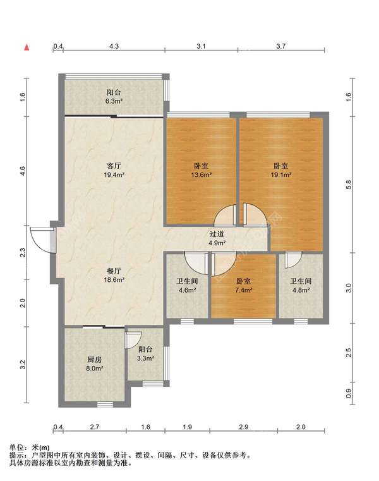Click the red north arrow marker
click(27, 47)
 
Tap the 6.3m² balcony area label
click(114, 101)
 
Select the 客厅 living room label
click(114, 166)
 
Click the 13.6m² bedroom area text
click(202, 175)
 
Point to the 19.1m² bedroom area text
click(281, 175)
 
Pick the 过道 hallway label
click(217, 234)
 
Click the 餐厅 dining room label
click(114, 271)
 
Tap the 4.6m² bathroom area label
click(188, 290)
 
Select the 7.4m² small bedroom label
click(244, 290)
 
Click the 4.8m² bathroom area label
click(301, 290)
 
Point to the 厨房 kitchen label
click(95, 360)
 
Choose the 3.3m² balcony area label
click(145, 358)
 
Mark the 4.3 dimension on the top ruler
click(114, 46)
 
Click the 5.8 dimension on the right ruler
click(348, 185)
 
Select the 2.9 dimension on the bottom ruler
click(244, 427)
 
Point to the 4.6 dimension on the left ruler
click(22, 171)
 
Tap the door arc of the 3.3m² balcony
click(133, 340)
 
